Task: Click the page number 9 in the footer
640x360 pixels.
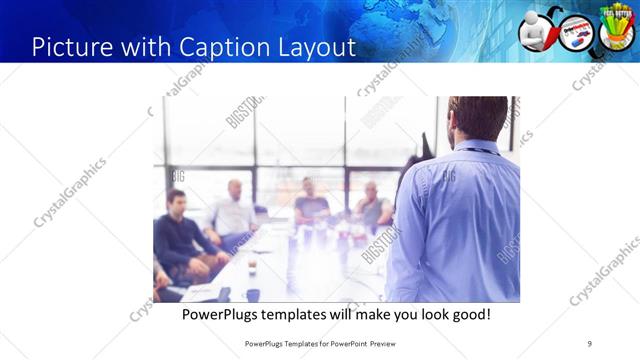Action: point(589,343)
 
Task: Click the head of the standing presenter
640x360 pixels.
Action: point(477,118)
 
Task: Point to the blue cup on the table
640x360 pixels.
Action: point(253,294)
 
